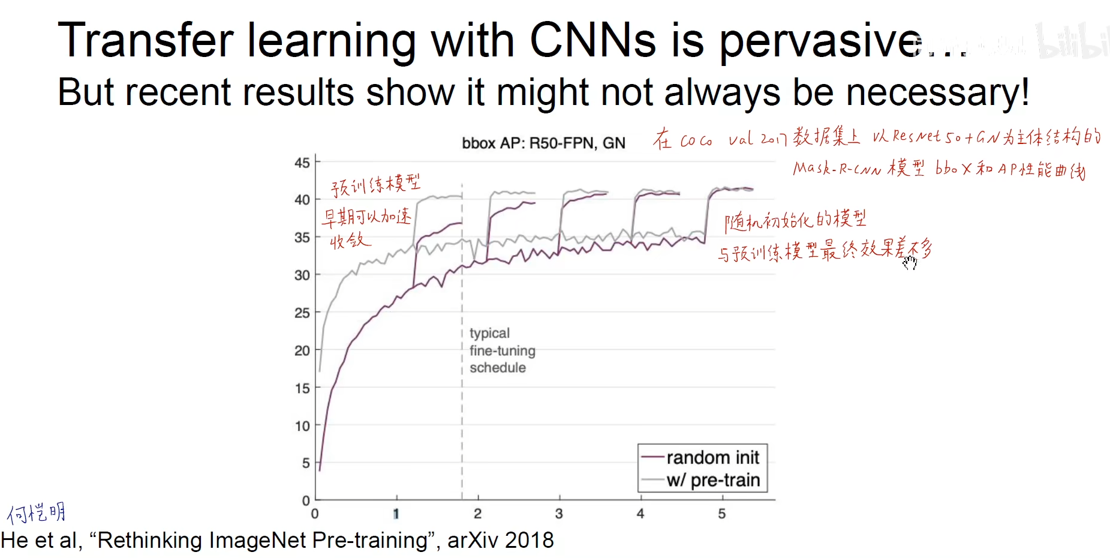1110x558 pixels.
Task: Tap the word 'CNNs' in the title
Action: point(592,40)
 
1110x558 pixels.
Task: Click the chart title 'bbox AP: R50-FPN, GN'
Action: point(543,143)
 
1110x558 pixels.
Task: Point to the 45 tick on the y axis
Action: point(302,163)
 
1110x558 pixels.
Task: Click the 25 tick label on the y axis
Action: point(302,313)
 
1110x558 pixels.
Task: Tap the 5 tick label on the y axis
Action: point(306,463)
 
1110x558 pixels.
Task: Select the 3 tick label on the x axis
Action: point(559,514)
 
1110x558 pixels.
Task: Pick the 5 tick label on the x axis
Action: point(722,514)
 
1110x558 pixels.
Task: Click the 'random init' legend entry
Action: point(712,458)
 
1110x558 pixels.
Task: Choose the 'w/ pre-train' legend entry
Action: point(712,480)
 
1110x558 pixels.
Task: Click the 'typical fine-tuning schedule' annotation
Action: point(502,350)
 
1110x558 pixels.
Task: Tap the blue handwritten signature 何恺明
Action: point(37,513)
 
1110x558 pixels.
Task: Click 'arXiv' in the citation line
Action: point(473,541)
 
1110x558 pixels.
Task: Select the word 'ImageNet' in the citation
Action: point(257,541)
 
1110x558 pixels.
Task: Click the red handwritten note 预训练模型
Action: point(375,185)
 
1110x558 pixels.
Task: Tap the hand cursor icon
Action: point(910,262)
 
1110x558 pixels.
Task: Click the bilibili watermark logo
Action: point(1073,41)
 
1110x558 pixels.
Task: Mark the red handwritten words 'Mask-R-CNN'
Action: point(837,169)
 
